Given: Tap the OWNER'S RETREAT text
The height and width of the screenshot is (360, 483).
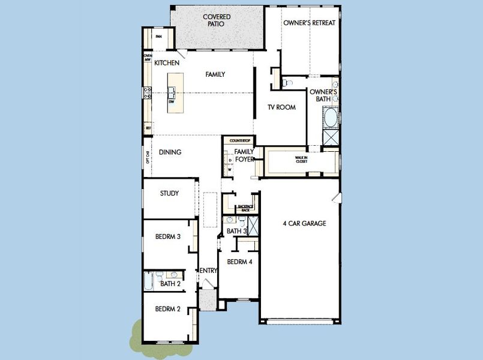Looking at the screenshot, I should coord(309,23).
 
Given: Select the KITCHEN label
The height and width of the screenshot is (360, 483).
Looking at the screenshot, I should coord(167,63).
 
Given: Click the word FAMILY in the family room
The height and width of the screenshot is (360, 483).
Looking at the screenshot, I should coord(215,74).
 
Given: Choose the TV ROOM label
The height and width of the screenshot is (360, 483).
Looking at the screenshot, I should coord(281,107).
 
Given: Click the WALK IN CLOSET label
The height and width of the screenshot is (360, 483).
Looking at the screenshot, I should coord(301,160).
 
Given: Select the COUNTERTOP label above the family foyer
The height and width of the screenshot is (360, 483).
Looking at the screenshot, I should coord(239,140).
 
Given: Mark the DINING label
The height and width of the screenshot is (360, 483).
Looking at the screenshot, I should coord(170,152).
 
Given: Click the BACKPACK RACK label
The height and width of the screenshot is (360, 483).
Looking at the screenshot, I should coord(245,208).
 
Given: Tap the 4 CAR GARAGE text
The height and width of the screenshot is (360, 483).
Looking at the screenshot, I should coord(304,223).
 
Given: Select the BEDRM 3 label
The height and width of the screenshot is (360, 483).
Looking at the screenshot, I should coord(167,236).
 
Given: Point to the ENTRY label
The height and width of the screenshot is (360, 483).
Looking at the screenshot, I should coord(208,271).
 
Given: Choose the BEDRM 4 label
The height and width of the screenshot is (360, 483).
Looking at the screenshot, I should coord(239,261).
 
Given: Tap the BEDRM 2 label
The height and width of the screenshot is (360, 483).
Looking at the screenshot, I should coord(167,309).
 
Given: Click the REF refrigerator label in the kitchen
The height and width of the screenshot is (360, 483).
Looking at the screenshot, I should coord(148,128).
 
